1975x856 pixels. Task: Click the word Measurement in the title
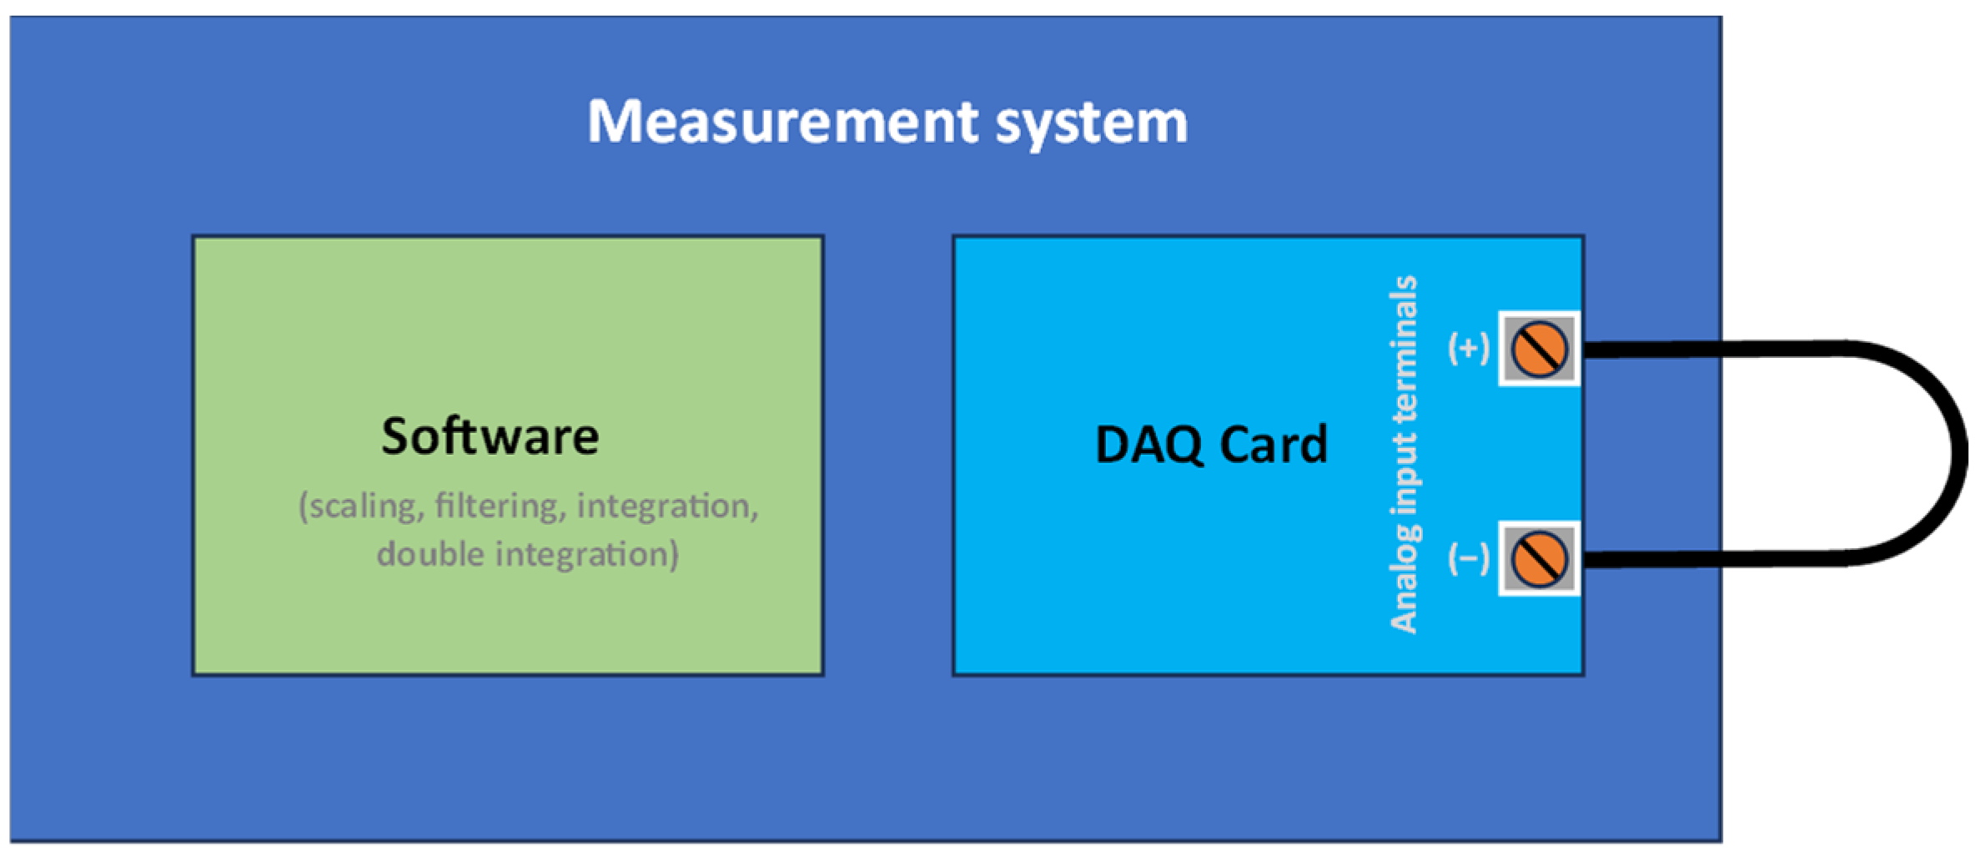click(782, 123)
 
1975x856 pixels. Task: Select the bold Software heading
click(490, 436)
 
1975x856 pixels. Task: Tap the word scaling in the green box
click(364, 506)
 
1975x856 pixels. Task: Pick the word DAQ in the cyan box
click(1149, 445)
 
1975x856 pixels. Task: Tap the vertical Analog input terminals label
click(1403, 454)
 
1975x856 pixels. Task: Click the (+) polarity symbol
click(1468, 348)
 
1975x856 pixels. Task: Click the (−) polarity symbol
click(1468, 558)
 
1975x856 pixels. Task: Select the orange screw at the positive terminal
click(1540, 349)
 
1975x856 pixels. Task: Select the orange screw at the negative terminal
click(1540, 559)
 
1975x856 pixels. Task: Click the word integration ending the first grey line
click(667, 506)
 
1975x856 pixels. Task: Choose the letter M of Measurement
click(612, 123)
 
